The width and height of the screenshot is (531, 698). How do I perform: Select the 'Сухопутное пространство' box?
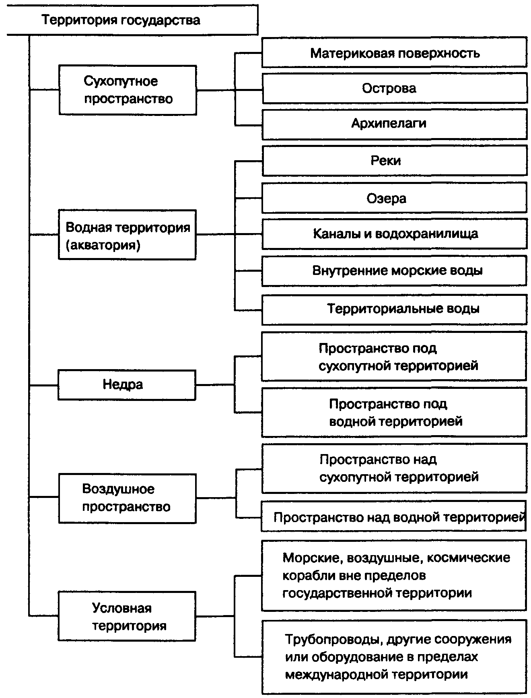pyautogui.click(x=128, y=90)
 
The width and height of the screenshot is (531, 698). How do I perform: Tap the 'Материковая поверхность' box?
pyautogui.click(x=394, y=53)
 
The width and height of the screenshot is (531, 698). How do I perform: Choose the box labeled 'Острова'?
pyautogui.click(x=394, y=88)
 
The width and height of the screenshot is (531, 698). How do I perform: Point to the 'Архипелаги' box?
pyautogui.click(x=394, y=124)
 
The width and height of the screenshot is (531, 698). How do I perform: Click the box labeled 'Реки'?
pyautogui.click(x=394, y=161)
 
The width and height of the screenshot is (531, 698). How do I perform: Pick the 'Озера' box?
pyautogui.click(x=394, y=198)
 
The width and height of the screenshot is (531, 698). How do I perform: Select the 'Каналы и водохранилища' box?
pyautogui.click(x=394, y=234)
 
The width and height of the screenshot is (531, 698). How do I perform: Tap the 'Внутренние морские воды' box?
pyautogui.click(x=394, y=271)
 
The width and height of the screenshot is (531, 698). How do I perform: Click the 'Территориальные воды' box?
pyautogui.click(x=394, y=309)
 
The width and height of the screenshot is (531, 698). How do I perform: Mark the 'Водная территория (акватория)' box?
pyautogui.click(x=127, y=235)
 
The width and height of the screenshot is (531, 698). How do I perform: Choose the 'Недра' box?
pyautogui.click(x=127, y=385)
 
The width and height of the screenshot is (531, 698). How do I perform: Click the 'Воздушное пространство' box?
pyautogui.click(x=127, y=498)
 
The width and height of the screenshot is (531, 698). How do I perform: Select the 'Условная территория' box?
pyautogui.click(x=127, y=616)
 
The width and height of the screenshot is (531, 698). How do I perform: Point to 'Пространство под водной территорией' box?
pyautogui.click(x=394, y=412)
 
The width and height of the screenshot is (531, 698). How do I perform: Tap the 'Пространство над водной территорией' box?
pyautogui.click(x=394, y=516)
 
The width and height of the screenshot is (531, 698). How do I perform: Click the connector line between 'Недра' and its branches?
pyautogui.click(x=215, y=385)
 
